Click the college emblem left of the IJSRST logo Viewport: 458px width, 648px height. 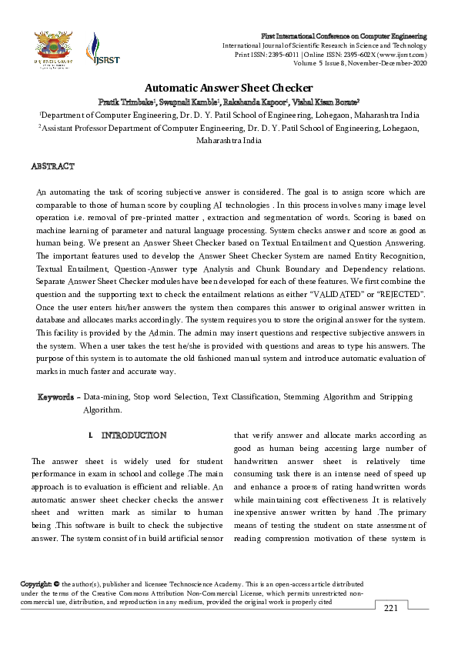click(x=52, y=48)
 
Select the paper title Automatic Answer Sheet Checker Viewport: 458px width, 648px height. click(x=229, y=88)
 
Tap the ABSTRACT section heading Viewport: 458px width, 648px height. click(x=52, y=166)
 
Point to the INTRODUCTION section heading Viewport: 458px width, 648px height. click(x=134, y=436)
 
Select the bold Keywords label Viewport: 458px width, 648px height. click(x=58, y=397)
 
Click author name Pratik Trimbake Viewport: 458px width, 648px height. click(x=128, y=102)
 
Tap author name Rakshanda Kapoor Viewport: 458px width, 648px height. click(x=255, y=102)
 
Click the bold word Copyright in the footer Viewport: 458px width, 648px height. click(x=37, y=585)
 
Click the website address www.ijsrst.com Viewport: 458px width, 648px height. click(x=399, y=55)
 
